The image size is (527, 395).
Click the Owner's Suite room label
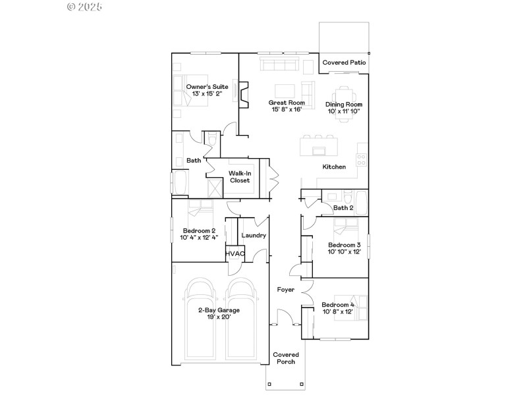207,87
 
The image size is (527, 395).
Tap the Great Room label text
287,103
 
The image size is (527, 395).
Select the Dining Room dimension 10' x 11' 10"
344,111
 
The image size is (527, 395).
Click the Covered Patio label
344,63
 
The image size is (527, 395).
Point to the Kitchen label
334,167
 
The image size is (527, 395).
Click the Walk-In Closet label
240,176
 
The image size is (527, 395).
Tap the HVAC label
235,253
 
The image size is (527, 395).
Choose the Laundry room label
254,235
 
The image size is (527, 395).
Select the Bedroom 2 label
200,231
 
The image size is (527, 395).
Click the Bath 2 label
343,208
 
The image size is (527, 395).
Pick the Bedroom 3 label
345,245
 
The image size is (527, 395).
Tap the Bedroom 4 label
338,305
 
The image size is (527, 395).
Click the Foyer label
285,289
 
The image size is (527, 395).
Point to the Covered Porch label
285,358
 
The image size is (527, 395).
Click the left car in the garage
201,323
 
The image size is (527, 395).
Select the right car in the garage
240,323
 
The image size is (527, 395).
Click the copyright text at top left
85,7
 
